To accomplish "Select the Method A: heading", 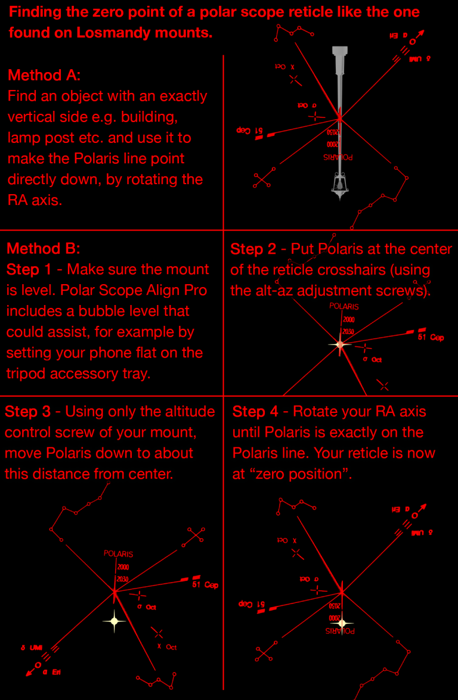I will point(44,75).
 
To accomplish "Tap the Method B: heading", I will point(43,248).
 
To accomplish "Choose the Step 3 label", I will point(29,412).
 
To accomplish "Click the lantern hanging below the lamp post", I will point(339,182).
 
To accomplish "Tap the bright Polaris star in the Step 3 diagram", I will point(114,621).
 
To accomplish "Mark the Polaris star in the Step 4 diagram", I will point(342,623).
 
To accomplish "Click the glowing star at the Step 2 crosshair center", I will point(340,344).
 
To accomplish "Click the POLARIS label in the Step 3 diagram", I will point(118,553).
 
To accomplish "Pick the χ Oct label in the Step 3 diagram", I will point(166,647).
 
